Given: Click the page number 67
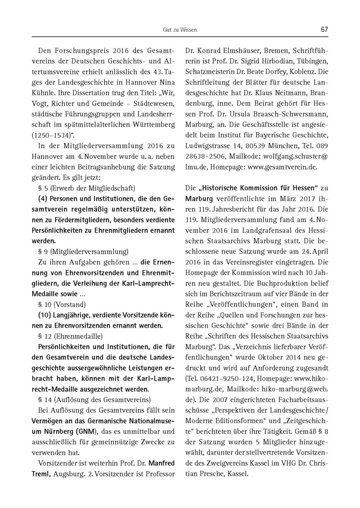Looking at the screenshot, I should tap(324, 30).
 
